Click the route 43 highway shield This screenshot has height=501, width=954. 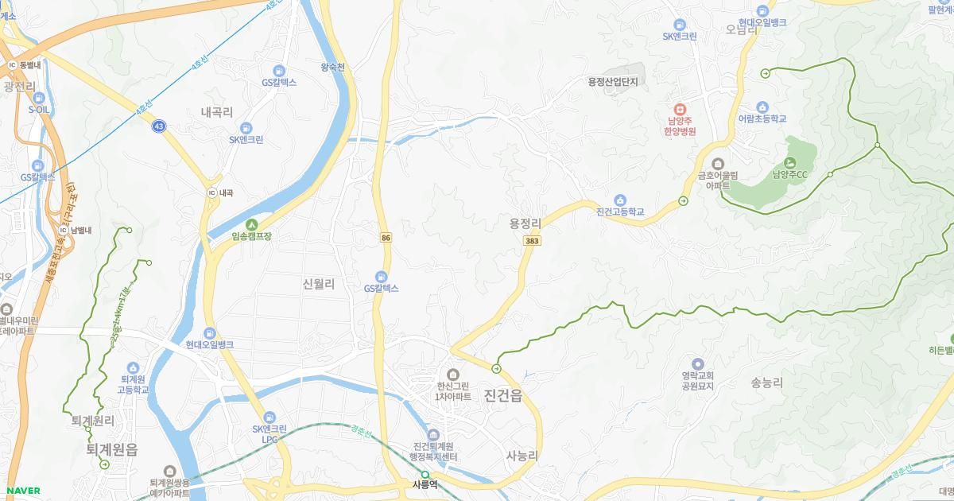(x=161, y=126)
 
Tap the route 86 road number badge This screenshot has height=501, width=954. (x=386, y=237)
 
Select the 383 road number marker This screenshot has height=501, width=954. (x=531, y=240)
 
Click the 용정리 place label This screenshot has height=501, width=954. (x=525, y=223)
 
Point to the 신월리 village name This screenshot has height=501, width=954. (x=319, y=283)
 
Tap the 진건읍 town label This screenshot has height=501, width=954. (x=502, y=396)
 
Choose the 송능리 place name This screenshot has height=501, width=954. (x=767, y=383)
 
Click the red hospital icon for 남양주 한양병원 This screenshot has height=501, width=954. (x=681, y=109)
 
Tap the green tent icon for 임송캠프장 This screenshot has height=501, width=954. (x=251, y=224)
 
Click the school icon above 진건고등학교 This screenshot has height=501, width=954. (x=619, y=200)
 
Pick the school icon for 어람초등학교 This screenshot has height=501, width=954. (x=762, y=107)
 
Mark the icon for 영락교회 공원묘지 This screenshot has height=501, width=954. (x=697, y=363)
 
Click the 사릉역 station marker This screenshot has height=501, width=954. (x=425, y=475)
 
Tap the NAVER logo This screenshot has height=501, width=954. (x=21, y=491)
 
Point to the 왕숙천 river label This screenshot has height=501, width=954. (x=332, y=68)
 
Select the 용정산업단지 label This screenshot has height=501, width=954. (x=613, y=81)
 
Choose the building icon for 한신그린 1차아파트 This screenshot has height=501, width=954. (x=453, y=375)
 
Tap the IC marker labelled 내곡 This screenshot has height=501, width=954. (x=211, y=193)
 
